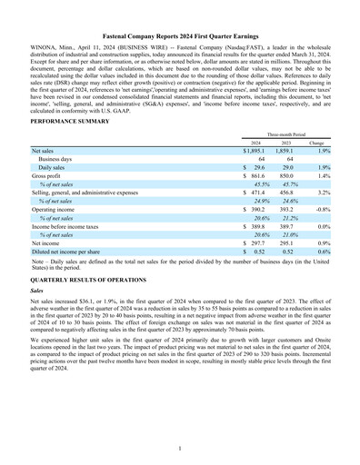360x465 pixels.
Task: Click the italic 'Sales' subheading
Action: tap(38, 296)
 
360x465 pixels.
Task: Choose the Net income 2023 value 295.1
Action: tap(285, 243)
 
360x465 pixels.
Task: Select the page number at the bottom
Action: tap(180, 449)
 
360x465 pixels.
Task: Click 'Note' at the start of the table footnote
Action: tap(38, 262)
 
